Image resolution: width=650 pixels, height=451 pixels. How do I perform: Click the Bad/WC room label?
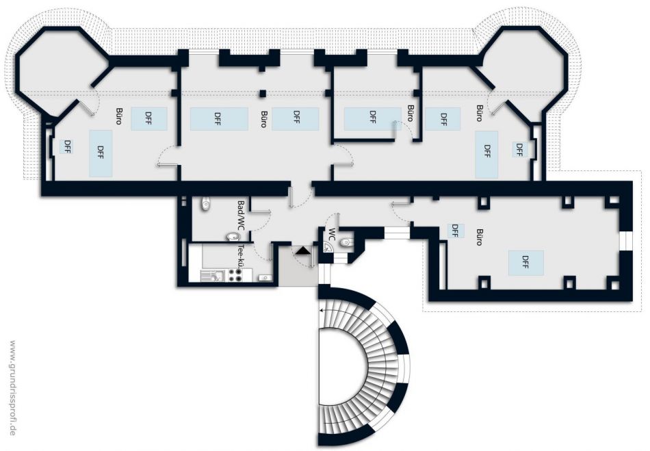241,216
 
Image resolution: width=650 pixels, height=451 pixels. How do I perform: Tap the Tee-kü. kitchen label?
240,256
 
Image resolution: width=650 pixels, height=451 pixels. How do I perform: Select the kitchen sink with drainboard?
212,276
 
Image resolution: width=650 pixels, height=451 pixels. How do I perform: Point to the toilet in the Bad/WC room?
206,204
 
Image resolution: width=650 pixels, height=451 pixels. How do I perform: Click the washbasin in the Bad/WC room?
234,237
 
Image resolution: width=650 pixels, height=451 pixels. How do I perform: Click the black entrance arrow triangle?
302,250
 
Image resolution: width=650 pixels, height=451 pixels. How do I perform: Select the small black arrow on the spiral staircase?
322,310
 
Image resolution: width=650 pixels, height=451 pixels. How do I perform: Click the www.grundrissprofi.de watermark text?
12,387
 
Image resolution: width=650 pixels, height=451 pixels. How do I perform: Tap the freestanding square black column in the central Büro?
263,93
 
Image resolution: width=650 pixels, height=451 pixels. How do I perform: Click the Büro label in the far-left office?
118,117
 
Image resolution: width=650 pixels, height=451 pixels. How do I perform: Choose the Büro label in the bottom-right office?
479,237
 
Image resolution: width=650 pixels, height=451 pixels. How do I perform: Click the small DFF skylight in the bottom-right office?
455,231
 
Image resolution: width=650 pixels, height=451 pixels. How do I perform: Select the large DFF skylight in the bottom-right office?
525,262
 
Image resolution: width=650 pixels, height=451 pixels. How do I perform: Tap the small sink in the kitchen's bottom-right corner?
264,277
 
